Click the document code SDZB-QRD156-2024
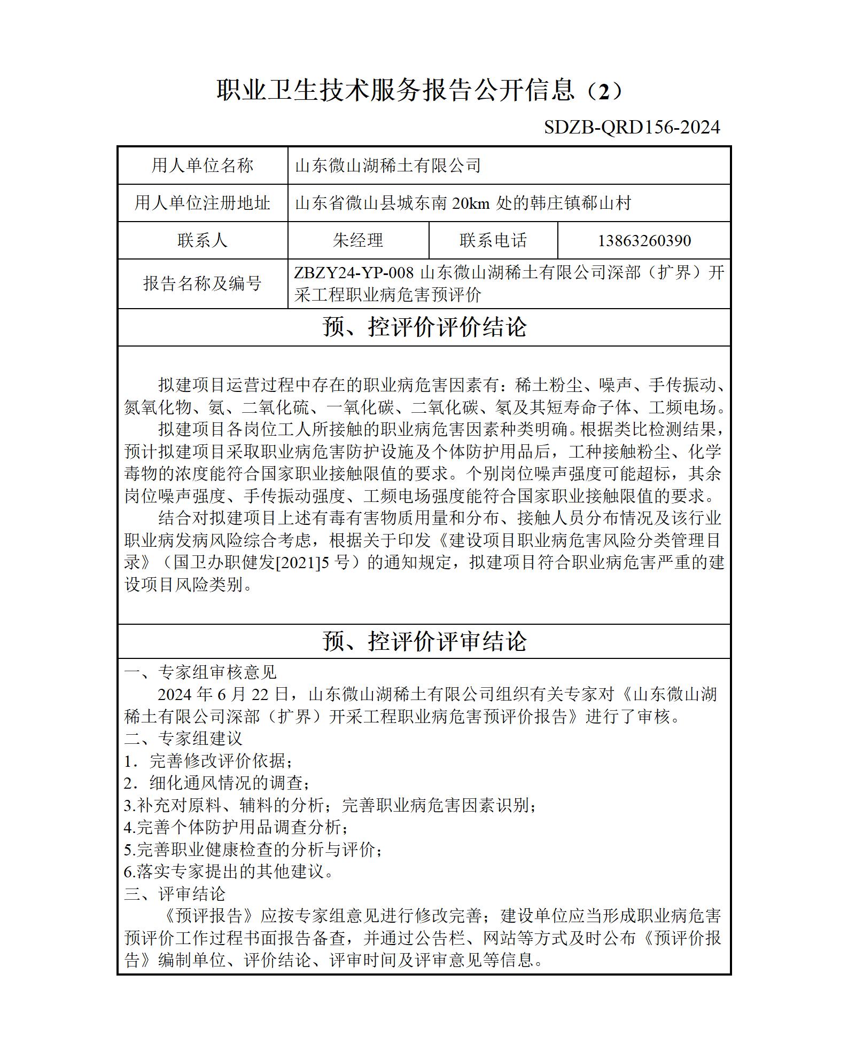point(632,127)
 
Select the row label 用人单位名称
point(202,166)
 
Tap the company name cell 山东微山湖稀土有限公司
point(388,166)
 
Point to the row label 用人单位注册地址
point(202,203)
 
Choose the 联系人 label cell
point(202,240)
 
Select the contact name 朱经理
point(357,240)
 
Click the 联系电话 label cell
point(493,240)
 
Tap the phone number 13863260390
point(644,240)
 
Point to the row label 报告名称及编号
point(202,283)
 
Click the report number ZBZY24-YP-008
point(354,273)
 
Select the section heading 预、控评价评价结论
point(424,327)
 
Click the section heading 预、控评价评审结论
point(424,641)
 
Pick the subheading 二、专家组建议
point(183,738)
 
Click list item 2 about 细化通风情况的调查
point(216,783)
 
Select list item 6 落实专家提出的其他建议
point(229,872)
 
